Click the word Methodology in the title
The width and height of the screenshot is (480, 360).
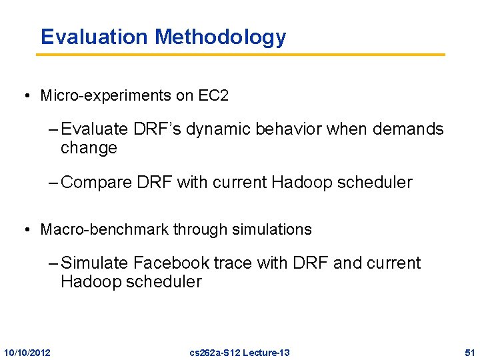click(220, 37)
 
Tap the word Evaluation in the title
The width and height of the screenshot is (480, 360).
click(95, 37)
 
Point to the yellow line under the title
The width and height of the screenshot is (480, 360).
click(240, 54)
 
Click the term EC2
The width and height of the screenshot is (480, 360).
click(213, 96)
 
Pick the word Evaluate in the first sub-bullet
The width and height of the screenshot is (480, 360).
click(91, 129)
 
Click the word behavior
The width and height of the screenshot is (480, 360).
click(284, 129)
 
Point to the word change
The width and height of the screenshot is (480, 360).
click(89, 148)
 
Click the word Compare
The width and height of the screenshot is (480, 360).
click(93, 183)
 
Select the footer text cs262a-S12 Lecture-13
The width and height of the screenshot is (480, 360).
click(239, 352)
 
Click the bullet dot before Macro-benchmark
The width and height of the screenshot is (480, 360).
click(25, 230)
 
